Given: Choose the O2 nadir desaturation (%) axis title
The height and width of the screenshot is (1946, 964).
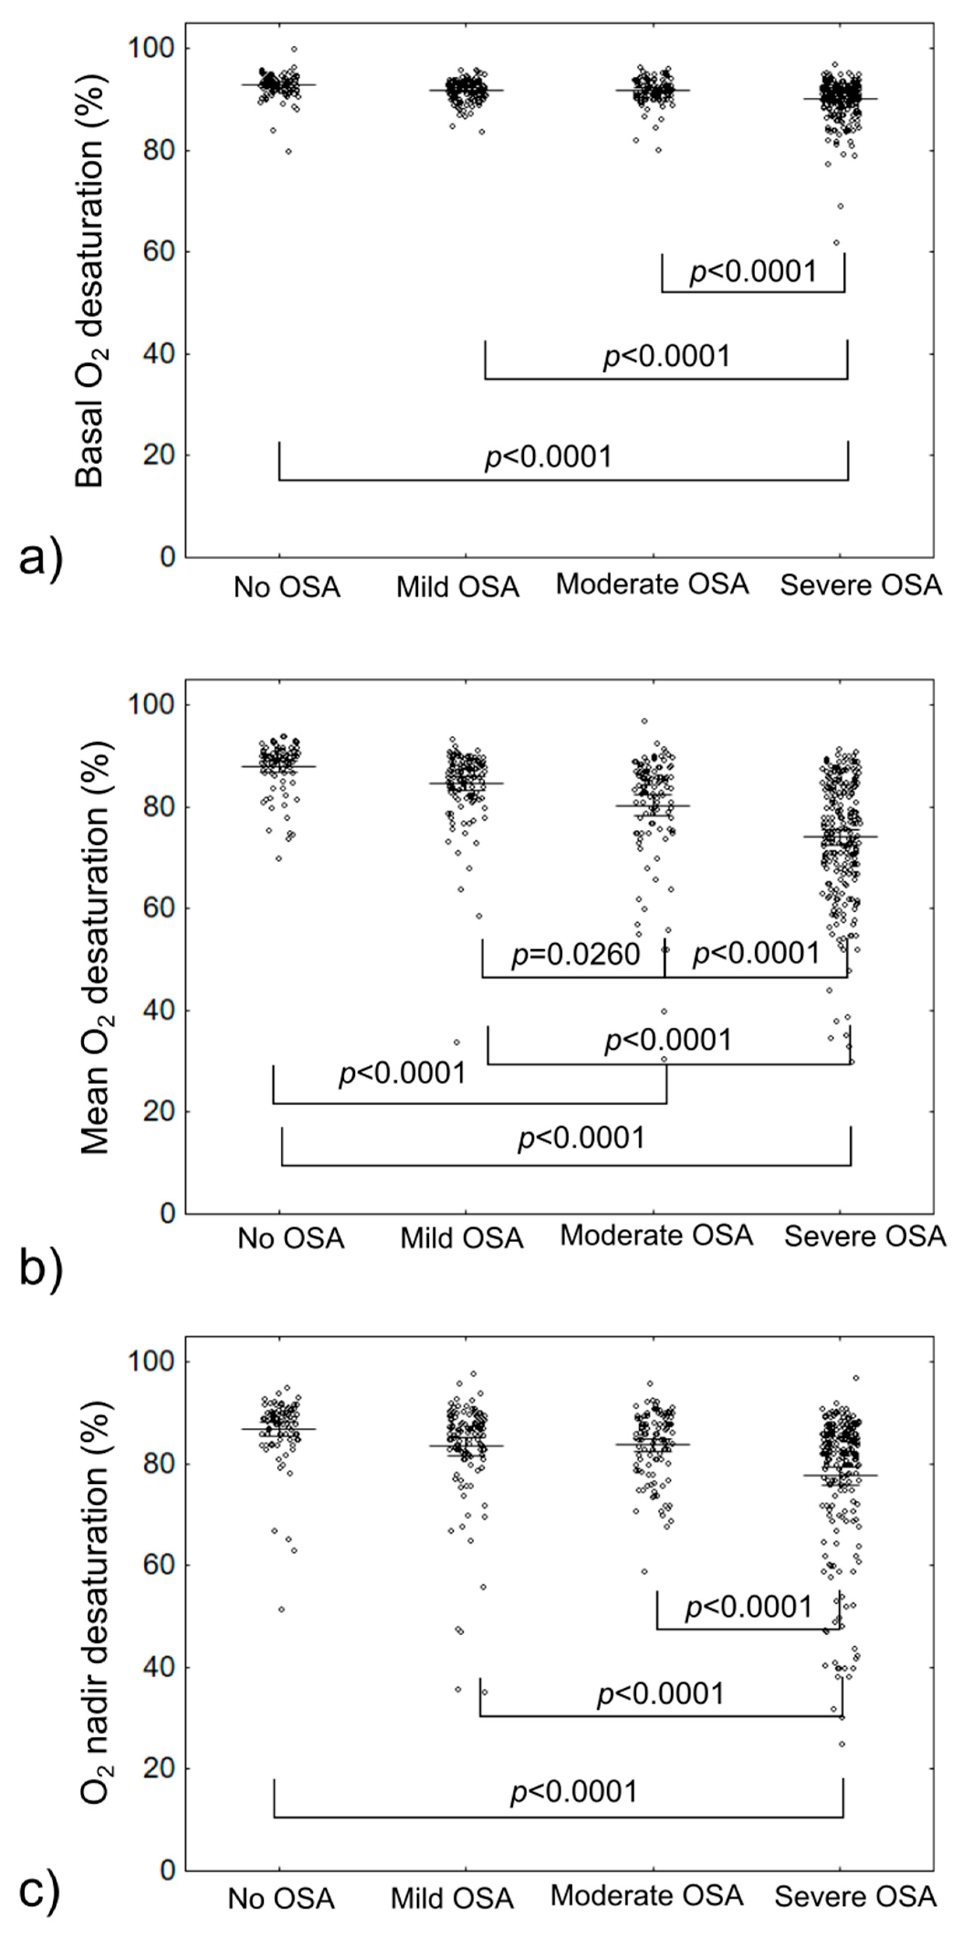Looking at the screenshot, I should (x=95, y=1613).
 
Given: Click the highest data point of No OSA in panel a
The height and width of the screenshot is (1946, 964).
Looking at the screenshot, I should (x=294, y=49).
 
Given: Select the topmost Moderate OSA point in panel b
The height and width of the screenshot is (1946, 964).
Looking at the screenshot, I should (x=644, y=721).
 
